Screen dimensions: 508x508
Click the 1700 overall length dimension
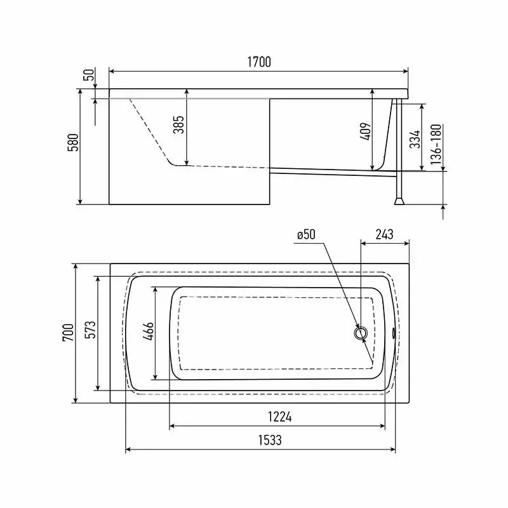[259, 62]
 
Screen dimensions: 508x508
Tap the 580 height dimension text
[73, 142]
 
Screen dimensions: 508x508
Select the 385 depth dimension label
[178, 124]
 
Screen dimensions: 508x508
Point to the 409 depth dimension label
[366, 131]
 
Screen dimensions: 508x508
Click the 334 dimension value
[415, 139]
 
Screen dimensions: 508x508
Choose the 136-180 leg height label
[436, 144]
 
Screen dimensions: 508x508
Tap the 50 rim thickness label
[90, 74]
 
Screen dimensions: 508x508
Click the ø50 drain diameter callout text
[306, 234]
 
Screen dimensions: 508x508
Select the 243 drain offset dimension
[385, 234]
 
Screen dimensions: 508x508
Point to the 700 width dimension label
[69, 332]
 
